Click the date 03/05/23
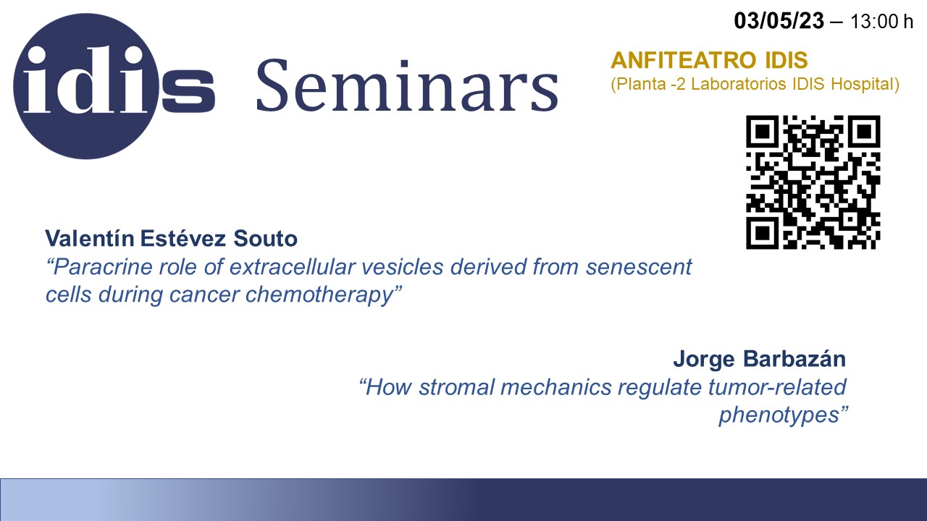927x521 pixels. coord(779,21)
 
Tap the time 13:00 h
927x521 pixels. coord(881,22)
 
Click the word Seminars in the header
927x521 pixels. coord(408,85)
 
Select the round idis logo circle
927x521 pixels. coord(86,86)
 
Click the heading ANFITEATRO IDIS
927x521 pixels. coord(709,60)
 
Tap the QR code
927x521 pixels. coord(813,182)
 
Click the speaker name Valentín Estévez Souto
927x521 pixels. coord(171,239)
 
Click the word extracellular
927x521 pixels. coord(292,267)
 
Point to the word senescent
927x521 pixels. coord(639,267)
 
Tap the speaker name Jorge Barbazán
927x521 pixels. coord(760,359)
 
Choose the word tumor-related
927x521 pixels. coord(777,387)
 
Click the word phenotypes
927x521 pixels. coord(783,415)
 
